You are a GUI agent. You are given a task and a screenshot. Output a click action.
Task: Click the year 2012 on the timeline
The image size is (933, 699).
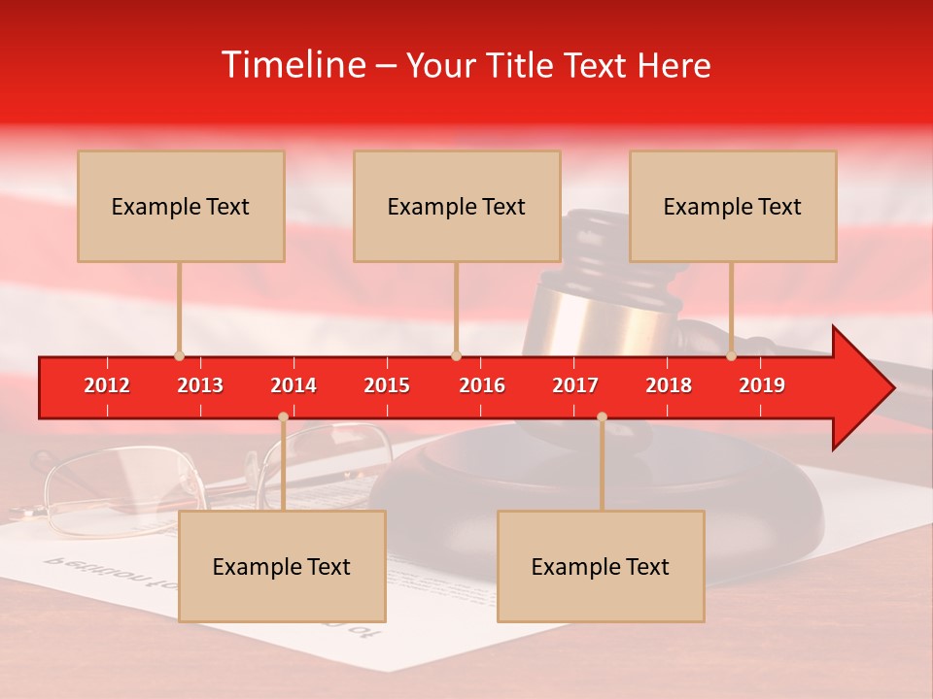[x=107, y=385]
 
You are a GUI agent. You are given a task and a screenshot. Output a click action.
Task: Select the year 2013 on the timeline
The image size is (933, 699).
[x=200, y=385]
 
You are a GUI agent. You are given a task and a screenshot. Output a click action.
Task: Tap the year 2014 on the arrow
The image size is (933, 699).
[x=294, y=385]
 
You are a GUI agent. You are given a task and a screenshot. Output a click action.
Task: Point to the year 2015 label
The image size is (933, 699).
[x=387, y=385]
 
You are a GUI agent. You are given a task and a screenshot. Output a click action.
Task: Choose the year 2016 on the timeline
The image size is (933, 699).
[x=482, y=385]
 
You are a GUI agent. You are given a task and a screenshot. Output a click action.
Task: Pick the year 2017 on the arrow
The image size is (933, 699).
[x=575, y=385]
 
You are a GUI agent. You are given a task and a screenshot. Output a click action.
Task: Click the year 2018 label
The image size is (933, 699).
[x=669, y=385]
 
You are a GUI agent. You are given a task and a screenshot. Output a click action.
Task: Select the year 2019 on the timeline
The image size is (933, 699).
[x=762, y=385]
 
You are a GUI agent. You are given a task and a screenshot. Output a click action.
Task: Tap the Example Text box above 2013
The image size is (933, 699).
[x=181, y=206]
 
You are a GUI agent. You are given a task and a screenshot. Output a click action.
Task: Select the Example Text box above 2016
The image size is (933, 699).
[x=457, y=206]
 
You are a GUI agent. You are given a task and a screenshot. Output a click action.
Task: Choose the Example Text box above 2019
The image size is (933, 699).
[x=733, y=206]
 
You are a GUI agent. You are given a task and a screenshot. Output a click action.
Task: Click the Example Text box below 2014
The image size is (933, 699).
[x=282, y=566]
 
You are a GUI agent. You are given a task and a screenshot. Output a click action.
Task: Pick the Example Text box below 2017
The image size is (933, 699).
[x=601, y=566]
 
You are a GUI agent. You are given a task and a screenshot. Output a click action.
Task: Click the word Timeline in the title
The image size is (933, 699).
[x=294, y=65]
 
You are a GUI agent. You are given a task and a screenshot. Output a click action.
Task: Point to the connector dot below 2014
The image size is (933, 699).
[x=283, y=417]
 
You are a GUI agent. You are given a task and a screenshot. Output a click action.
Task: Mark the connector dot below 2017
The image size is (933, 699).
[x=602, y=417]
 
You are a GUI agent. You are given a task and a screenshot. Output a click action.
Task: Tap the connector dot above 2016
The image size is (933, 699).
[x=456, y=355]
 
